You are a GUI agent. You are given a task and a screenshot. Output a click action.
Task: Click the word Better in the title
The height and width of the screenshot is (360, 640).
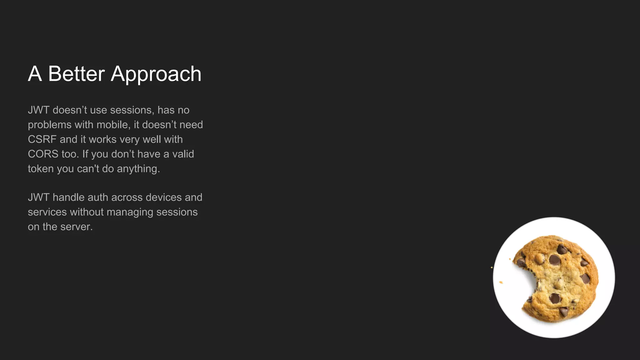pyautogui.click(x=76, y=74)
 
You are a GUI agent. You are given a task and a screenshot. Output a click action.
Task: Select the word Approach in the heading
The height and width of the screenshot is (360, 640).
pyautogui.click(x=156, y=75)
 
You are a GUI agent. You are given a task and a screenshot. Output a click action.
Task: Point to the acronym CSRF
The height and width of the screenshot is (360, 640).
pyautogui.click(x=42, y=139)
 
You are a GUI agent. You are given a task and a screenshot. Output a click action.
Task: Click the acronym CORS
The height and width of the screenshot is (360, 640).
pyautogui.click(x=43, y=154)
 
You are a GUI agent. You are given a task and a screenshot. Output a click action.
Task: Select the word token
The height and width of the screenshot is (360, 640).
pyautogui.click(x=41, y=169)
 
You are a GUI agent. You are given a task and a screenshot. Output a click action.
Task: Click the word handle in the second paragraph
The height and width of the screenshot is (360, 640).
pyautogui.click(x=68, y=197)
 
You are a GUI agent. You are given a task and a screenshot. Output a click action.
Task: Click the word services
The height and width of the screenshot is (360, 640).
pyautogui.click(x=47, y=212)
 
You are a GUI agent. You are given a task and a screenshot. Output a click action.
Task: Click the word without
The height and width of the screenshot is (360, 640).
pyautogui.click(x=87, y=212)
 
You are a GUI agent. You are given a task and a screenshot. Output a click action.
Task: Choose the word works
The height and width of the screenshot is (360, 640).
pyautogui.click(x=102, y=139)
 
